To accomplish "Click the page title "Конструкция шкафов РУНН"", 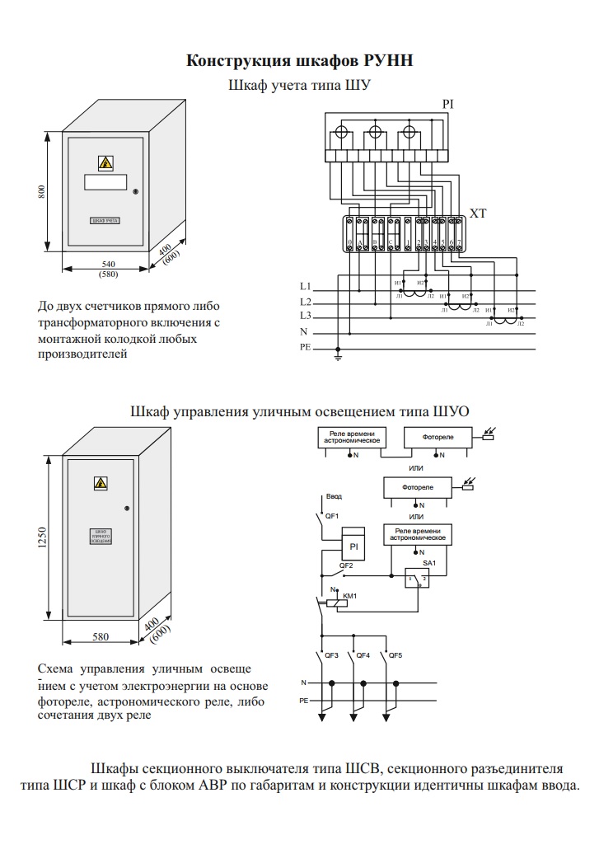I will [x=299, y=61].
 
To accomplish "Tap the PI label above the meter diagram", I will [x=448, y=104].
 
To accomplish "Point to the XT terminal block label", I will [x=479, y=213].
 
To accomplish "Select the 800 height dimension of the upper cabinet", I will [x=42, y=191].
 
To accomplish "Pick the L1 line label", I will [x=305, y=287].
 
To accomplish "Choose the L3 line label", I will [x=305, y=317].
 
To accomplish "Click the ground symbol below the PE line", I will [x=338, y=356].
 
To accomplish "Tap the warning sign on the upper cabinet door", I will [x=105, y=162].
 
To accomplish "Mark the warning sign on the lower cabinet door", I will [x=101, y=483].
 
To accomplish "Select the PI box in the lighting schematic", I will [x=353, y=546].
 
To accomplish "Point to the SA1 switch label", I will [x=428, y=562].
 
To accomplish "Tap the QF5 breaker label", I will [x=396, y=655].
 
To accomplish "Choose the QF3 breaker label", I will [x=332, y=655].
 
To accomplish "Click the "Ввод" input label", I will [x=334, y=496].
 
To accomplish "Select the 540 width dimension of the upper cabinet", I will [x=107, y=264].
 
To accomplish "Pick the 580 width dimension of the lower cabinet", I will [x=101, y=636].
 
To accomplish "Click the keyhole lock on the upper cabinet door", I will [x=136, y=192].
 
